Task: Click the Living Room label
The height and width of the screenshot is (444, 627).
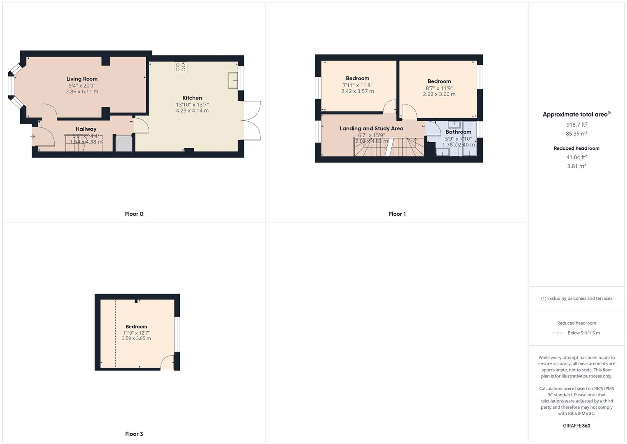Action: tap(82, 79)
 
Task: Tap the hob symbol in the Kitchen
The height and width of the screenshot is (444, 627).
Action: tap(180, 67)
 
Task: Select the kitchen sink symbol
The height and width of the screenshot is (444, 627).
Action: tap(233, 80)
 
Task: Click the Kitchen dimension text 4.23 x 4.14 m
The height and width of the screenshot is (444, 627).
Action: tap(192, 111)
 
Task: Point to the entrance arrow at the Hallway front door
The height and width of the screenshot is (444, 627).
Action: tap(32, 136)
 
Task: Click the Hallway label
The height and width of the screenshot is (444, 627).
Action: tap(86, 129)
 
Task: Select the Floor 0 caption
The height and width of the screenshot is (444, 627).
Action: tap(134, 214)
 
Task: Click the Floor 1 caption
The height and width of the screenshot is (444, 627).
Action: tap(397, 214)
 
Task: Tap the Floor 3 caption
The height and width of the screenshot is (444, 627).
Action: tap(134, 434)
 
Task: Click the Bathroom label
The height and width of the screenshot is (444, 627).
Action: tap(458, 132)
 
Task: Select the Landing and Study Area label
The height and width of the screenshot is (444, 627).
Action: tap(371, 129)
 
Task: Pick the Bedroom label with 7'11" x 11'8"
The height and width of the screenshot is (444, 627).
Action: tap(357, 79)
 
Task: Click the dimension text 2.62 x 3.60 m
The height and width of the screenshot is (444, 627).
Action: tap(439, 94)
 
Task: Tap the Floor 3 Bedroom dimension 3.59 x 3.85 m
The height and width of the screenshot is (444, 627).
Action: tap(136, 338)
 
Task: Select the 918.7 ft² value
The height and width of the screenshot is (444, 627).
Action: tap(576, 125)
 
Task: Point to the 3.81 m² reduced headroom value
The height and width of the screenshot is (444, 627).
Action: tap(576, 166)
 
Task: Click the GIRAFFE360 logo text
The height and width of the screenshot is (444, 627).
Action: tap(576, 425)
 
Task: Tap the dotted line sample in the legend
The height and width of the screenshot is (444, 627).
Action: tap(558, 333)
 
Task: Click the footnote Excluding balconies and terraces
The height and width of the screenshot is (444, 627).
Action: tap(576, 298)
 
